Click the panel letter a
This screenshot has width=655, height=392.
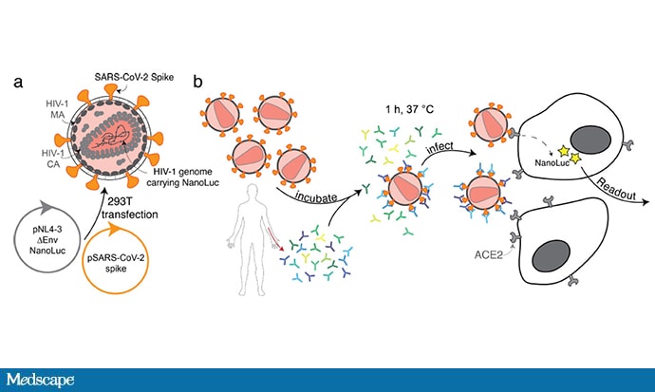coord(18,83)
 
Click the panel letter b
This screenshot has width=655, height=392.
coord(197,81)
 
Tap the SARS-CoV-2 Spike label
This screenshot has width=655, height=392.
coord(134,77)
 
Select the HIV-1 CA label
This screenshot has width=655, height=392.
coord(53,159)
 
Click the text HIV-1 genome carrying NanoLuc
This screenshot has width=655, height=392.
coord(182,177)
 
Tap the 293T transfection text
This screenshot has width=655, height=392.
coord(130,208)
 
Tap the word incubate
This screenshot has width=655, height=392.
coord(316,197)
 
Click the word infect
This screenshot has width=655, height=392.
coord(440,147)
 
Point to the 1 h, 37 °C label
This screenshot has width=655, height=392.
coord(409,109)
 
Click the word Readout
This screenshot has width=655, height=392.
coord(616,190)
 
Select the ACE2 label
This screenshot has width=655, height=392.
coord(488,254)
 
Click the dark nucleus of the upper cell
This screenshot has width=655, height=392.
coord(591,141)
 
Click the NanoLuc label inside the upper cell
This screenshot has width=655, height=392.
coord(552,163)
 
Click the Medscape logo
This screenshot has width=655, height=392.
coord(40,380)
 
